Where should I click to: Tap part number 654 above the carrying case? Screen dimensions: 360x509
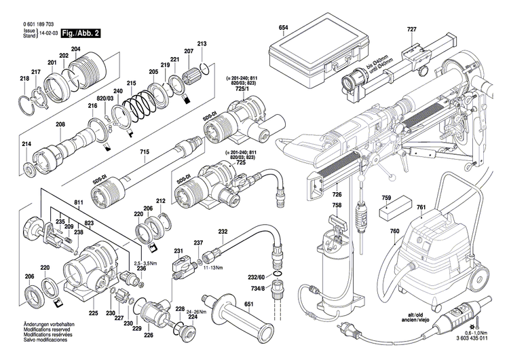click(x=283, y=28)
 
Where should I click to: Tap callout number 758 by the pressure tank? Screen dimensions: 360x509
click(x=337, y=204)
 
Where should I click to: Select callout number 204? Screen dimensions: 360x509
click(x=75, y=49)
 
